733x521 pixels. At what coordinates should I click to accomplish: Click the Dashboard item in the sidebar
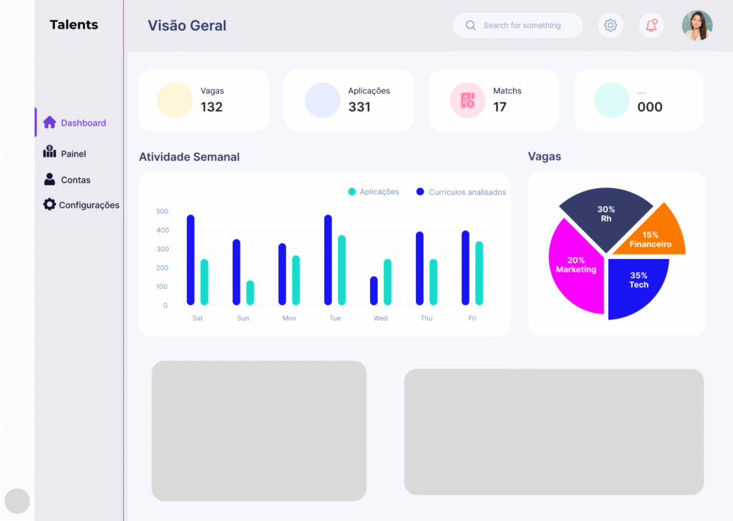(x=75, y=123)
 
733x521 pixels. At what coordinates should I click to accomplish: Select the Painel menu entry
(x=65, y=154)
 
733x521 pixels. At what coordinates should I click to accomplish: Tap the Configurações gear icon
(x=49, y=205)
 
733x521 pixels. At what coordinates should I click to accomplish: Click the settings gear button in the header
(x=611, y=26)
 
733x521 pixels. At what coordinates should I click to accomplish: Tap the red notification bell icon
(x=651, y=26)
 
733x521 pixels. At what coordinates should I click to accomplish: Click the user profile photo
(x=696, y=26)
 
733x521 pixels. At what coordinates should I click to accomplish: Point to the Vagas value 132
(x=211, y=107)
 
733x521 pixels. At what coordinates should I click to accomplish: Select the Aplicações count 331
(x=359, y=107)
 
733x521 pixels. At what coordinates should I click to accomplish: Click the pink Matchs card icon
(x=467, y=100)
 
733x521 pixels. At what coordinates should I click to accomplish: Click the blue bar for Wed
(x=374, y=290)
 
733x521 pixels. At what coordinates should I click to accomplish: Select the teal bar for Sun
(x=250, y=292)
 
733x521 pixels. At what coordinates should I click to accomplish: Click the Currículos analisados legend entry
(x=461, y=192)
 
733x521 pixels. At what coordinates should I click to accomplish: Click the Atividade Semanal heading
(x=189, y=157)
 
